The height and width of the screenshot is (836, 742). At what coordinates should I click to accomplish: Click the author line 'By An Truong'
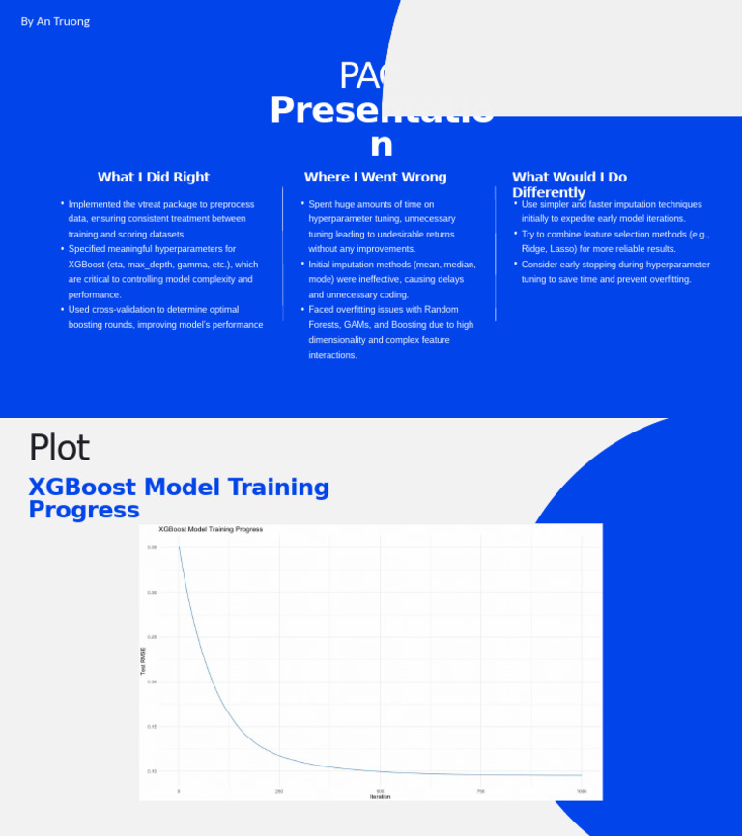(55, 21)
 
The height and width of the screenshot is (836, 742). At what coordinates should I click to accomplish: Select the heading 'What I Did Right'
(153, 177)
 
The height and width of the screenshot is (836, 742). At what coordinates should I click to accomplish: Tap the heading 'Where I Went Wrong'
(375, 177)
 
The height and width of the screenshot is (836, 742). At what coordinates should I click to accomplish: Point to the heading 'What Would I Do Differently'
(569, 184)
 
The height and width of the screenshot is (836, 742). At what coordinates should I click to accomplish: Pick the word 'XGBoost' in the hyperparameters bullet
(87, 264)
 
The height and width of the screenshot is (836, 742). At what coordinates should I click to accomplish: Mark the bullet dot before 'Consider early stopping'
(516, 264)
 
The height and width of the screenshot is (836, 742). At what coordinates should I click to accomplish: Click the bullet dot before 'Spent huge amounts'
(302, 204)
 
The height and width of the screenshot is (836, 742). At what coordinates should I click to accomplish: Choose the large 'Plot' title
(59, 448)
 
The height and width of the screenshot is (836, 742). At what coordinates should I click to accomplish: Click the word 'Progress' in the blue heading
(84, 510)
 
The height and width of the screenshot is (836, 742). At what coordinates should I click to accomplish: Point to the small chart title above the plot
(211, 529)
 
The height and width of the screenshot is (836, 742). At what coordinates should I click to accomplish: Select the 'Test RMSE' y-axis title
(144, 661)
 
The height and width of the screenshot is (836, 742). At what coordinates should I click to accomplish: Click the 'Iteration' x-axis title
(380, 797)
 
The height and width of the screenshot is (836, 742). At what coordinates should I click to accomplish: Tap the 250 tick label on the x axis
(279, 791)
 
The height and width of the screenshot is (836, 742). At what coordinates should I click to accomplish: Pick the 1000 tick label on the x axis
(582, 791)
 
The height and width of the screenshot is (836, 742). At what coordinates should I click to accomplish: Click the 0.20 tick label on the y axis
(152, 682)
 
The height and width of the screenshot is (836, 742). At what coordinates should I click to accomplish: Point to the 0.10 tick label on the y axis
(152, 771)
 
